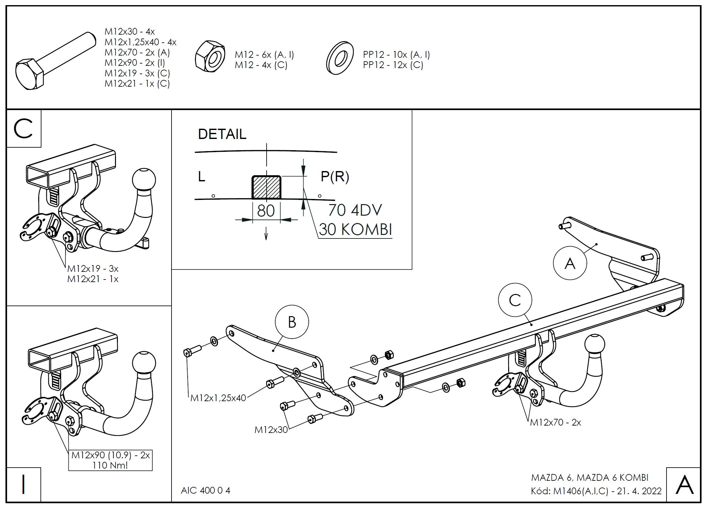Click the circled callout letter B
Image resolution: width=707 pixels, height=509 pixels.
tap(292, 322)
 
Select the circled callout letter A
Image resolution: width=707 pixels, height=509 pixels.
tap(570, 263)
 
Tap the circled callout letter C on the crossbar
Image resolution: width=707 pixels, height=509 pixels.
tap(515, 300)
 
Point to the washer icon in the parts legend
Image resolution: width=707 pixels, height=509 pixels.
tap(340, 58)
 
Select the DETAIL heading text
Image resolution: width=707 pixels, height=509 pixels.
tap(222, 134)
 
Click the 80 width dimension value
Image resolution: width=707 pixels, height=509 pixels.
tap(266, 211)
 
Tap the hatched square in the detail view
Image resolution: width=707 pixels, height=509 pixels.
tap(266, 187)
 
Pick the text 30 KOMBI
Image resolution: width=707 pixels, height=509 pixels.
tap(356, 230)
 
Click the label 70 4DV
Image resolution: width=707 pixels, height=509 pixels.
tap(355, 211)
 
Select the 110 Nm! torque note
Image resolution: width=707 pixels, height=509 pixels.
tap(110, 465)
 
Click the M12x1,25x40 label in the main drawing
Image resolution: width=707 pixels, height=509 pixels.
tap(218, 398)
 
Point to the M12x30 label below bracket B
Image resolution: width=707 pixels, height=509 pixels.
tap(271, 430)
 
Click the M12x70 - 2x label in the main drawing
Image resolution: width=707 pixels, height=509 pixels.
tap(555, 422)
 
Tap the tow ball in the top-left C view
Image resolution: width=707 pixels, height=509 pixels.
tap(144, 179)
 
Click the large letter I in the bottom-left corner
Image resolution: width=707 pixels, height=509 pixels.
tap(23, 484)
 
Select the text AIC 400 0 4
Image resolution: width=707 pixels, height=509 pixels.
tap(206, 490)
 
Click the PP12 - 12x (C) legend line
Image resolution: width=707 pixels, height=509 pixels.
tap(393, 65)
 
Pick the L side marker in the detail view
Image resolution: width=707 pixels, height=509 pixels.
tap(201, 177)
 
